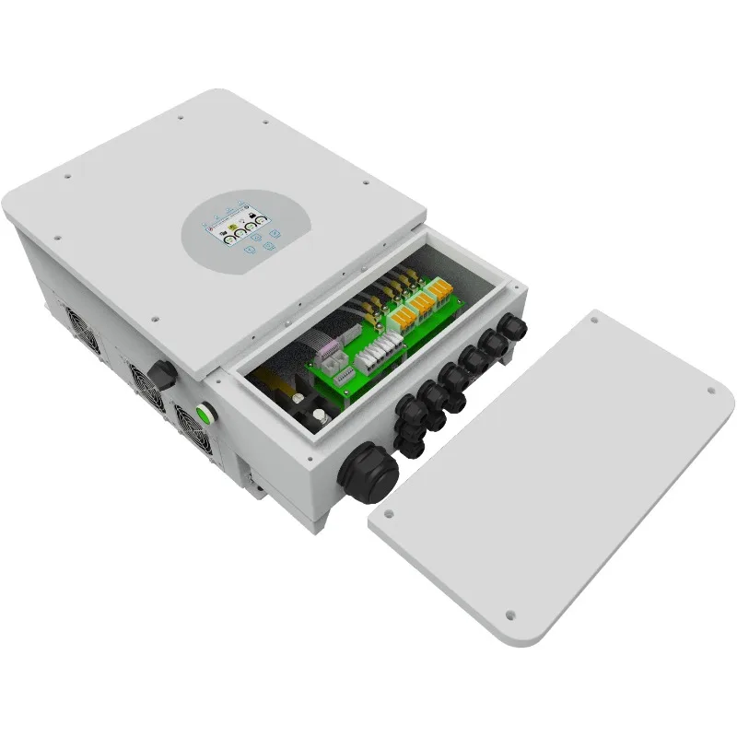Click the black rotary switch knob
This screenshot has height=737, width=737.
(162, 374)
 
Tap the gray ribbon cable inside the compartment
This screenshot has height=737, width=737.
(324, 348)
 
